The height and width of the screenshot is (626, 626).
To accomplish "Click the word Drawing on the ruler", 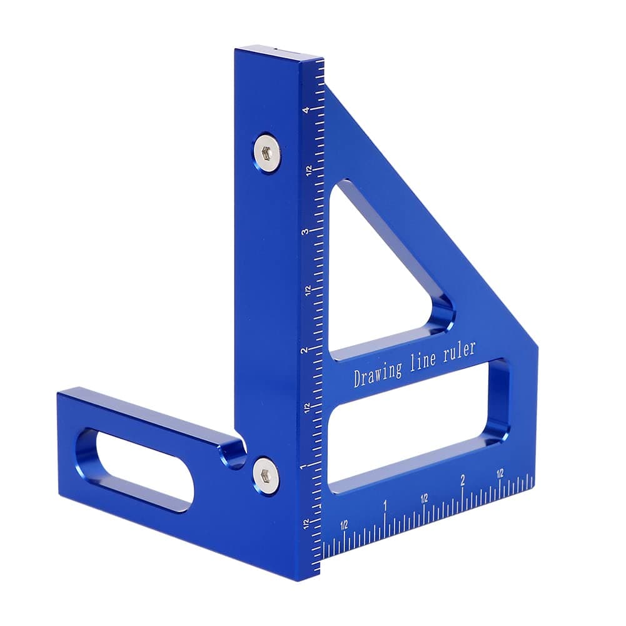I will coord(378,374).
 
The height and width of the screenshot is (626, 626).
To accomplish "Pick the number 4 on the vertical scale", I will coord(305,111).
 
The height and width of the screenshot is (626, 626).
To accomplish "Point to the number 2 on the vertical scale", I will coord(304,351).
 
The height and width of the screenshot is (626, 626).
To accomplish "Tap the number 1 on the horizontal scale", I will coord(385,504).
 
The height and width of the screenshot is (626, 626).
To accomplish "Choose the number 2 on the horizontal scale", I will coord(462,480).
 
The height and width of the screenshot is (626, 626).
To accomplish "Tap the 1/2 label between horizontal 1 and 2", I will coord(424,498).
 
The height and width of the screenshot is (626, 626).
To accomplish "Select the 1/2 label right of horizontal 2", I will coord(500,474).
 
